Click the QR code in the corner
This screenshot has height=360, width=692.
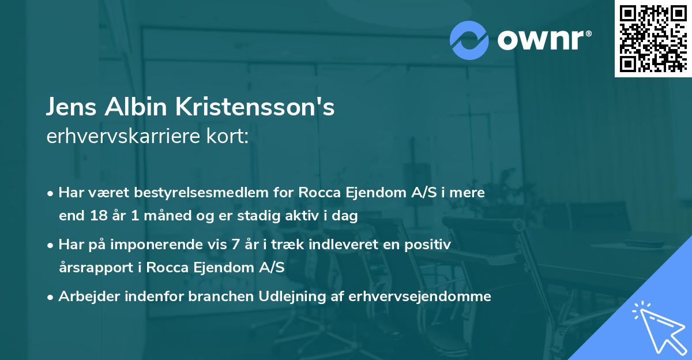653,38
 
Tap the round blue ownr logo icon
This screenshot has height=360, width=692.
469,40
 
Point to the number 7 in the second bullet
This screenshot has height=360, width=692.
235,245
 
